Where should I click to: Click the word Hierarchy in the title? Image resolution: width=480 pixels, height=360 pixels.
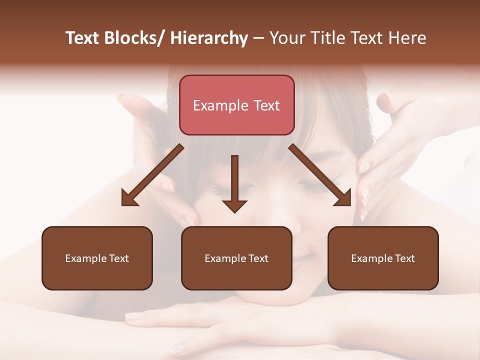pos(209,38)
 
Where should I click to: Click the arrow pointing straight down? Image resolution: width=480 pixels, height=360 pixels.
pos(234,180)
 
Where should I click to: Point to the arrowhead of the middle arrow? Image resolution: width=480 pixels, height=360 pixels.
pos(234,205)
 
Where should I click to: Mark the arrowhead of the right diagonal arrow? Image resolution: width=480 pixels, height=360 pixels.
pos(343,198)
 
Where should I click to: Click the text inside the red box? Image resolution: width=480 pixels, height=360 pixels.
pos(236,105)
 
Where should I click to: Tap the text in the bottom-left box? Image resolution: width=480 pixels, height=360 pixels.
pos(97,258)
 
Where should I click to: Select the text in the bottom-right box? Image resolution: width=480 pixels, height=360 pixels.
pos(383,258)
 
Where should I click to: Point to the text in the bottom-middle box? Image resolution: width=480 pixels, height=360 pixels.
pos(236,258)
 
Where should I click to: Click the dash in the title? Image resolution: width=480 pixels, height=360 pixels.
pos(258,39)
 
